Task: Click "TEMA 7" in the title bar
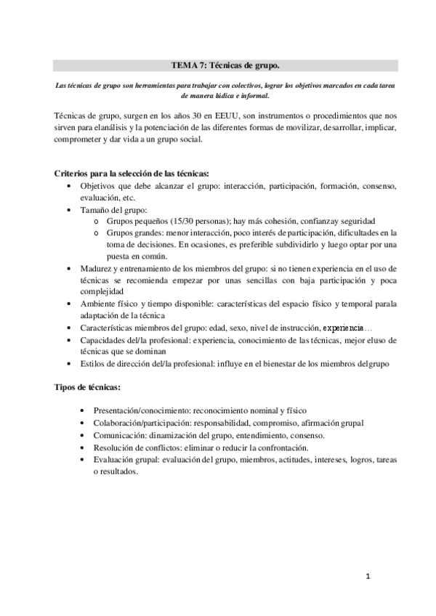[x=187, y=65]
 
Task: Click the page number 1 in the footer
[x=368, y=577]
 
